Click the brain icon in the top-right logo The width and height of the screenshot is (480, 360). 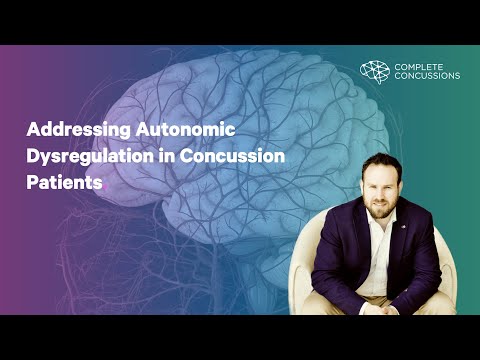point(374,70)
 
